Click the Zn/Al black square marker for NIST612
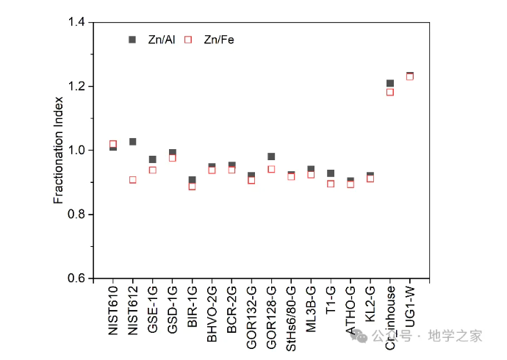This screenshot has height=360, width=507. click(133, 141)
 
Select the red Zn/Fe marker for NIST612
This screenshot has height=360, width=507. click(133, 179)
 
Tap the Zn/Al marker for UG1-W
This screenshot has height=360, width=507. click(410, 75)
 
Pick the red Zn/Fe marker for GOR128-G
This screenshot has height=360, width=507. click(271, 169)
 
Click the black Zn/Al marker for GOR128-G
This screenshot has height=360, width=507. click(271, 156)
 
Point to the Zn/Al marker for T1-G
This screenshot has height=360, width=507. click(331, 173)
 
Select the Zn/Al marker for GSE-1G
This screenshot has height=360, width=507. click(153, 159)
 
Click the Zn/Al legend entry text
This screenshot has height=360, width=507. click(162, 40)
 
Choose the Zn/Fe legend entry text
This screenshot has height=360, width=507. click(219, 40)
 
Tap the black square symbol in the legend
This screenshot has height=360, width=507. click(132, 40)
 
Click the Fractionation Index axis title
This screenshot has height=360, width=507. click(59, 150)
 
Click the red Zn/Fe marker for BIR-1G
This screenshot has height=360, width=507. click(193, 186)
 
